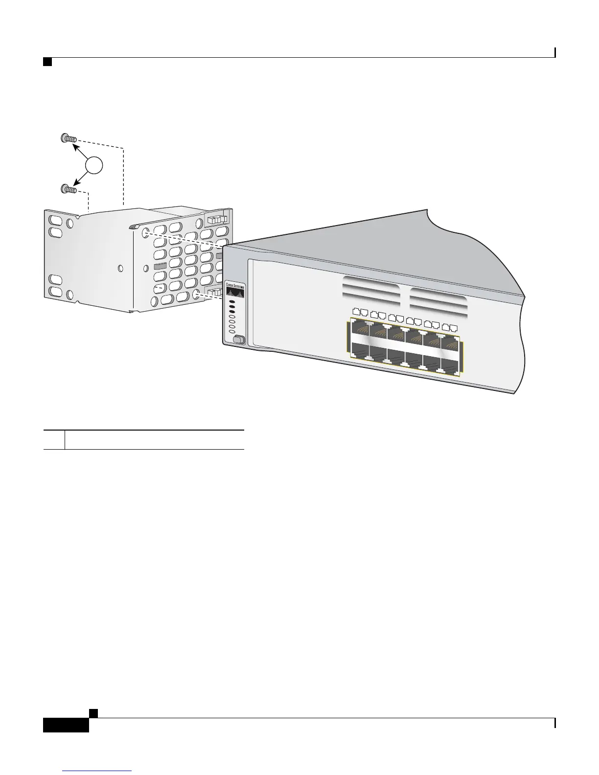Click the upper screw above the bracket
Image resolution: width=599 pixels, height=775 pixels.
pyautogui.click(x=69, y=138)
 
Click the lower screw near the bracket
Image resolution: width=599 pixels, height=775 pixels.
pyautogui.click(x=69, y=189)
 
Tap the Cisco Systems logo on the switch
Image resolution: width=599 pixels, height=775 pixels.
pyautogui.click(x=234, y=290)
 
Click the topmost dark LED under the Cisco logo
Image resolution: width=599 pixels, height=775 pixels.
pyautogui.click(x=232, y=302)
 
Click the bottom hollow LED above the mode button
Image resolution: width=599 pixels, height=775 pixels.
pyautogui.click(x=232, y=332)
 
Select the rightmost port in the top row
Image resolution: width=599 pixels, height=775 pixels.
pyautogui.click(x=450, y=342)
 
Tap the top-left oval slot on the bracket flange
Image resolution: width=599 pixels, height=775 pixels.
pyautogui.click(x=56, y=218)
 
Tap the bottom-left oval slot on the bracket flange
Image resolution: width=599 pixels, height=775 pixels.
pyautogui.click(x=56, y=293)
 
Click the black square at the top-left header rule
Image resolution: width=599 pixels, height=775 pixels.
pyautogui.click(x=47, y=62)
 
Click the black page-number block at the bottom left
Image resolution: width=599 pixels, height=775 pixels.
pyautogui.click(x=66, y=724)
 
